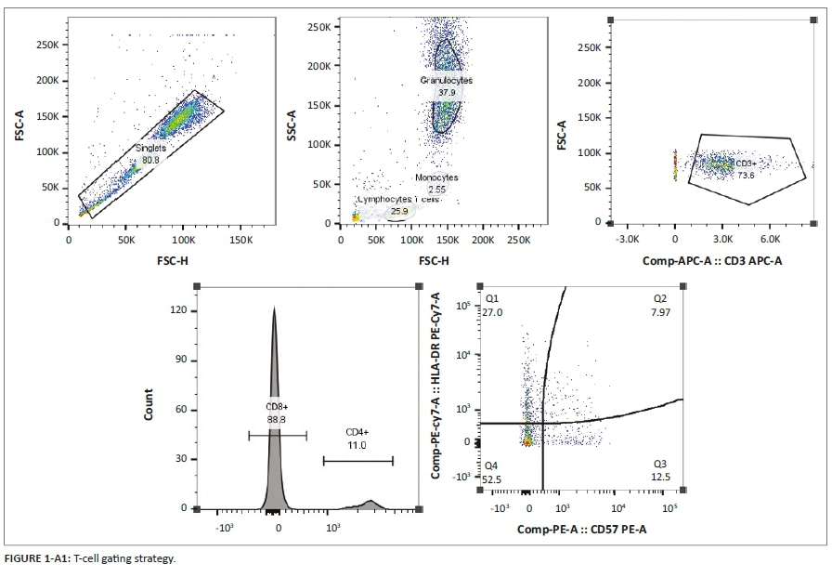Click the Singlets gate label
[x=150, y=149]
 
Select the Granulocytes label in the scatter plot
[x=447, y=81]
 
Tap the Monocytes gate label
[x=436, y=177]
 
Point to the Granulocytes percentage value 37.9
[x=448, y=93]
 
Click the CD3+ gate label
[x=746, y=164]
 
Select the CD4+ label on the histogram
[x=358, y=432]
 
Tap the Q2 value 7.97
[x=661, y=313]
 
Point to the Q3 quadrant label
[x=661, y=464]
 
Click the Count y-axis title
[x=149, y=411]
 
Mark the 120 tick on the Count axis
[x=182, y=309]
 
